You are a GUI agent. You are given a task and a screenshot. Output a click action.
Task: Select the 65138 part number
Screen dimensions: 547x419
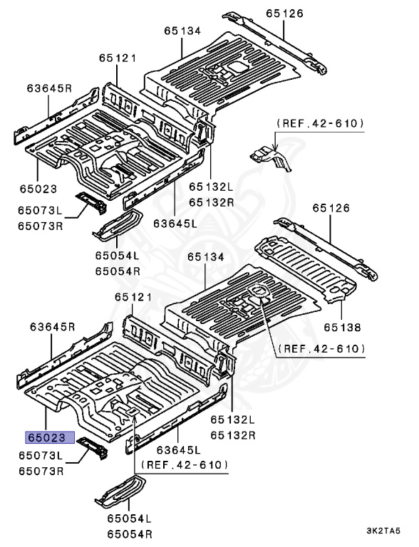[341, 327]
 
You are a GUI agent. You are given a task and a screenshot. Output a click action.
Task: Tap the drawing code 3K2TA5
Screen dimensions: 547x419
[388, 531]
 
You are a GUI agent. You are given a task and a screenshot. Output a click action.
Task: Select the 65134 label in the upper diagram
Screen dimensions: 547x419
[184, 31]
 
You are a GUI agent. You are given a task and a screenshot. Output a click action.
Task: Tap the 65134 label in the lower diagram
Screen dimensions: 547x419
[207, 256]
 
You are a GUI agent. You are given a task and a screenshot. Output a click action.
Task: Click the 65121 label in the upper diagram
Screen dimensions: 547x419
[117, 58]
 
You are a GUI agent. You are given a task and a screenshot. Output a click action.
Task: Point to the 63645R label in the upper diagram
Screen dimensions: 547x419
[50, 88]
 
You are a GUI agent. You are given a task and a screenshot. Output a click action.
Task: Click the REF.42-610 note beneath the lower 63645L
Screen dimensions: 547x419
[184, 464]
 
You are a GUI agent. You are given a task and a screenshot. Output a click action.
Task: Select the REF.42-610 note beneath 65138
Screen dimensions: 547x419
[320, 348]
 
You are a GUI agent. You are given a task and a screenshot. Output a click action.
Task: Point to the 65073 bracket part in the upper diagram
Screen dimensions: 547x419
[92, 202]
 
